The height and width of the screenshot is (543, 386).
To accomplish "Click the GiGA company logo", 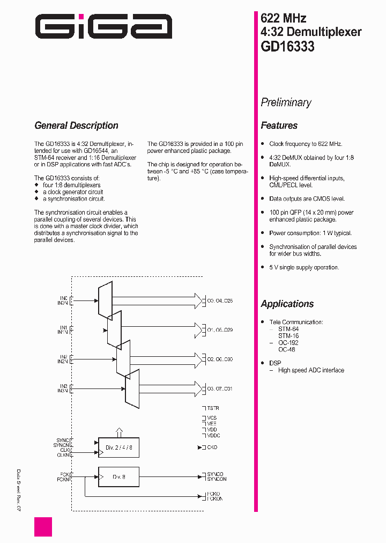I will pyautogui.click(x=103, y=26).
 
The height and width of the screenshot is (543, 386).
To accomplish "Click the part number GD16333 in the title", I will pyautogui.click(x=287, y=46).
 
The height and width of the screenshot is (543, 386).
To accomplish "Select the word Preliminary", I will pyautogui.click(x=286, y=102).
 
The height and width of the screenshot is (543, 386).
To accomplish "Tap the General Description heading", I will pyautogui.click(x=76, y=126).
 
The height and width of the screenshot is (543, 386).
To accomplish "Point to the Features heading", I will pyautogui.click(x=279, y=126).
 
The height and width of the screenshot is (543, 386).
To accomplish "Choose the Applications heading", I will pyautogui.click(x=287, y=304).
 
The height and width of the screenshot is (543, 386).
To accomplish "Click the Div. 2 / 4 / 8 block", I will pyautogui.click(x=118, y=447).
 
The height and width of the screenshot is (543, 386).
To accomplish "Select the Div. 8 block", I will pyautogui.click(x=118, y=476).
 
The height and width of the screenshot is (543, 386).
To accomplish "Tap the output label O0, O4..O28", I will pyautogui.click(x=220, y=301).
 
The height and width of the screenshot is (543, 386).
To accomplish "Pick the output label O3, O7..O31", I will pyautogui.click(x=220, y=388).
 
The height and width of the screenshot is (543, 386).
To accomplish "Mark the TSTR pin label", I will pyautogui.click(x=213, y=408).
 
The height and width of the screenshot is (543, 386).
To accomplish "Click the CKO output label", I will pyautogui.click(x=212, y=447).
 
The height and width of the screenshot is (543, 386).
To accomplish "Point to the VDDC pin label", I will pyautogui.click(x=213, y=436).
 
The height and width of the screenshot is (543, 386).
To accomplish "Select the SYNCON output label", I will pyautogui.click(x=217, y=479).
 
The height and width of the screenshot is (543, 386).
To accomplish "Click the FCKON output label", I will pyautogui.click(x=214, y=499).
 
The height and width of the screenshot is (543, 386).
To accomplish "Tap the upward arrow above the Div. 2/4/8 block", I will pyautogui.click(x=118, y=432).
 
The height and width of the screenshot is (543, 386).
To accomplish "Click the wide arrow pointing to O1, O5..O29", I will pyautogui.click(x=161, y=329).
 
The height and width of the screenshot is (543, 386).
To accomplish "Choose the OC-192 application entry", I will pyautogui.click(x=288, y=342).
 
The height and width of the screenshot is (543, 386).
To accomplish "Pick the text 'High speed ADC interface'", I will pyautogui.click(x=311, y=370).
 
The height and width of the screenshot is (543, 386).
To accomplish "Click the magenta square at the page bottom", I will pyautogui.click(x=43, y=526).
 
